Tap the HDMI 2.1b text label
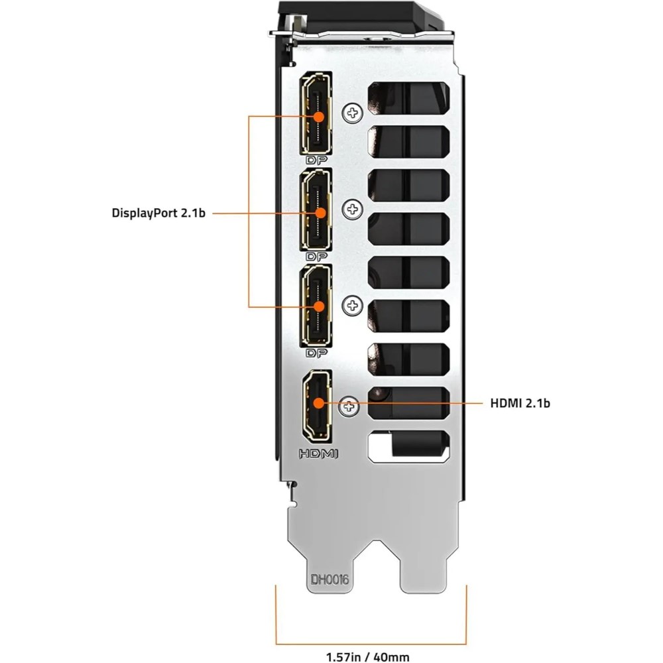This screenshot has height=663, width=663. [520, 402]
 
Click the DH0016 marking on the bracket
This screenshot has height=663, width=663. [330, 579]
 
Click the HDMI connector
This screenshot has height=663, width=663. [318, 404]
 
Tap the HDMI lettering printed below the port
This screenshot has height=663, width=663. [318, 454]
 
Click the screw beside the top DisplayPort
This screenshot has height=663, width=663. [352, 113]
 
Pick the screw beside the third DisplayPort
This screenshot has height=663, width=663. [352, 306]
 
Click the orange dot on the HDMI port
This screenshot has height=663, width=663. [320, 402]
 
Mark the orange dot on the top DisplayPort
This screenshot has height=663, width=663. [320, 116]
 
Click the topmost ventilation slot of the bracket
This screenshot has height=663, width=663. [408, 96]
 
